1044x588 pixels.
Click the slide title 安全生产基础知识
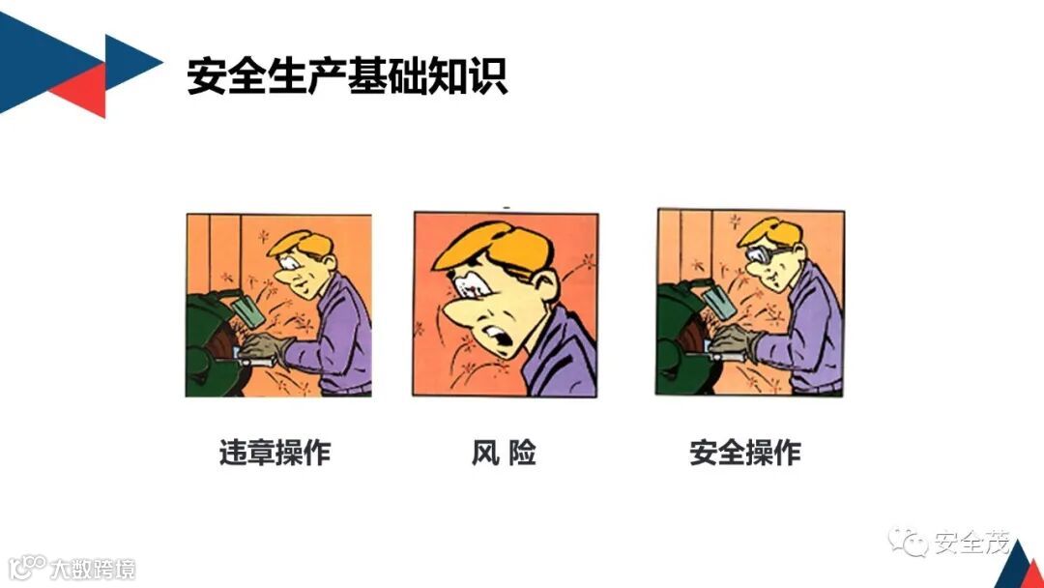tap(347, 75)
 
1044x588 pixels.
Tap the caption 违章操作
tap(275, 453)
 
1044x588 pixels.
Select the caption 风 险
tap(504, 453)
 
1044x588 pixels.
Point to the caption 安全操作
tap(745, 453)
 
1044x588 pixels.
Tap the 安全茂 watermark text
tap(972, 543)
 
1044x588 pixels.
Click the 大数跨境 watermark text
tap(93, 570)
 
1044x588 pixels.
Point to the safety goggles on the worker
tap(765, 253)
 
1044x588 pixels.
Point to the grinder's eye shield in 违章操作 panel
tap(246, 309)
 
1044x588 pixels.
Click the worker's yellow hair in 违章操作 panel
tap(302, 243)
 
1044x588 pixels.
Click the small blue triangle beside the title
tap(130, 63)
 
